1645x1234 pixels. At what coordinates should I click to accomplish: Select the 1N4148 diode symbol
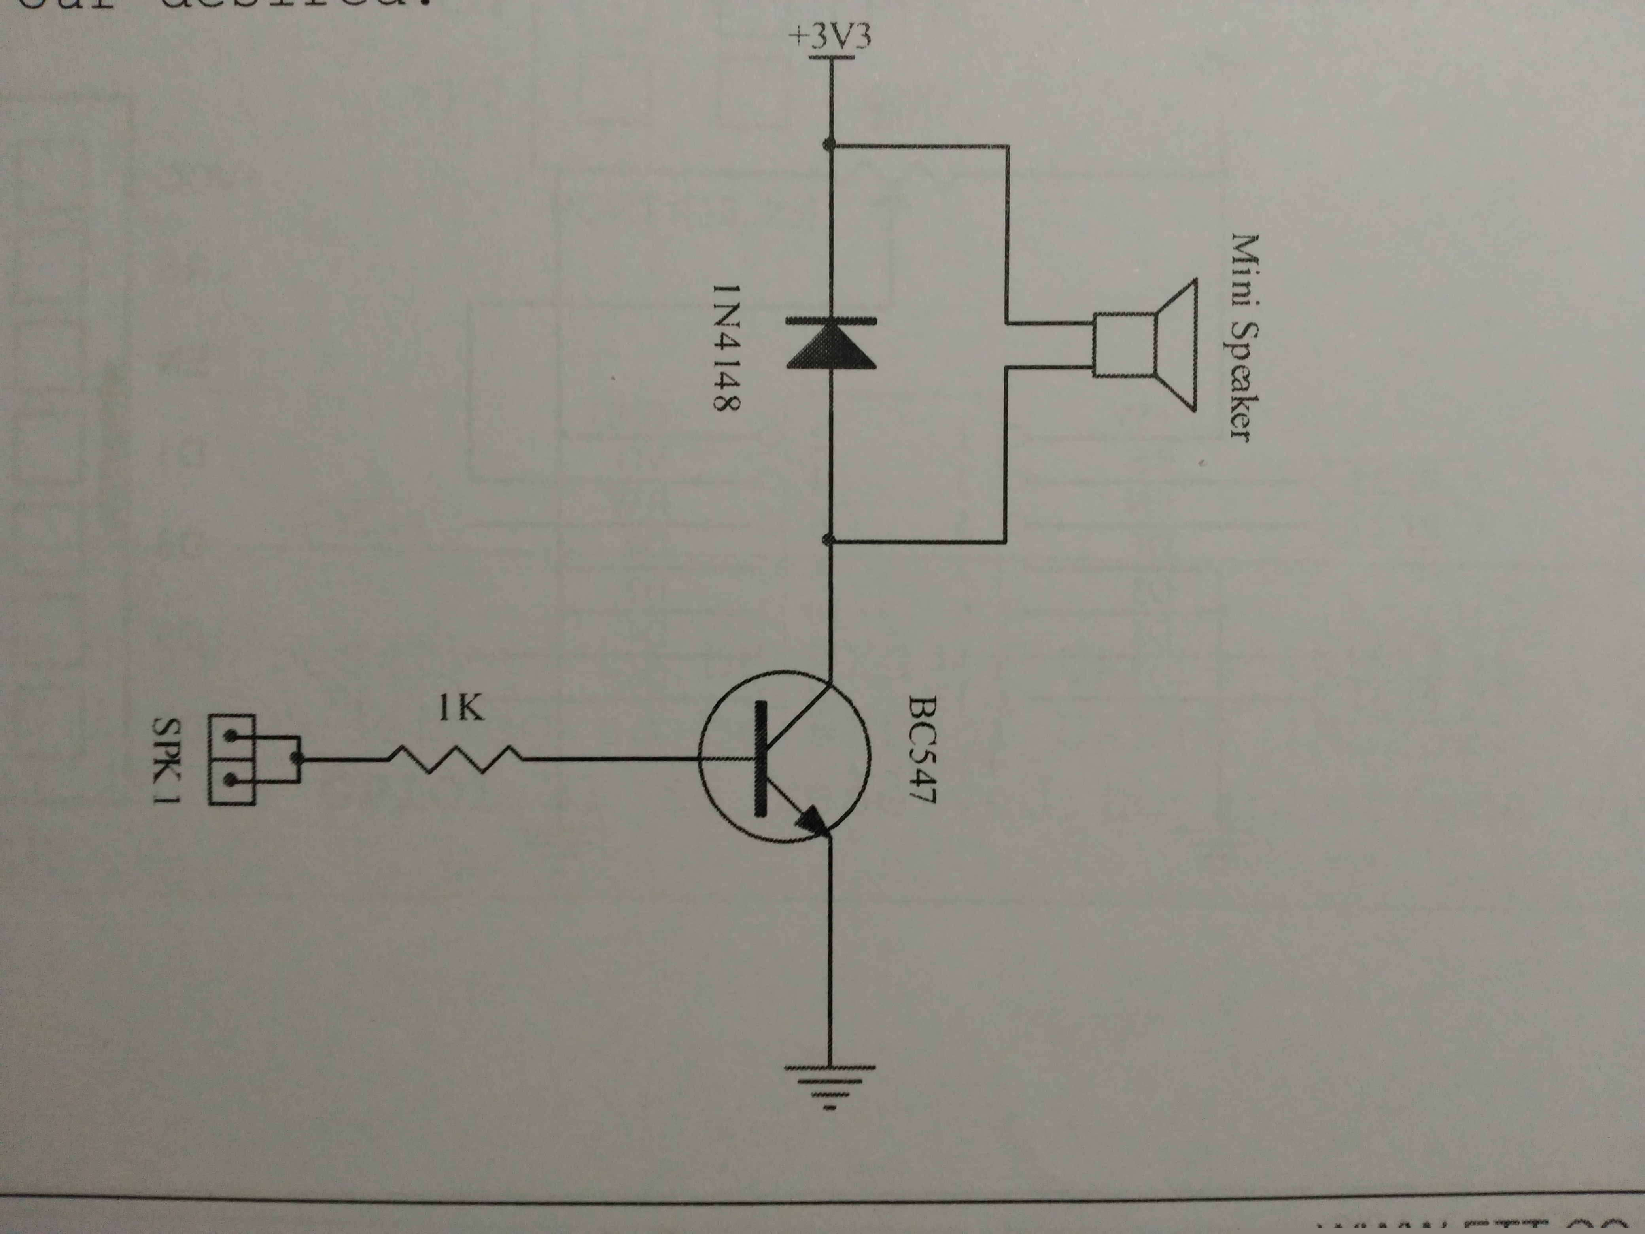tap(831, 344)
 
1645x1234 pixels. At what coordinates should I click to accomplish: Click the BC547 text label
tap(924, 749)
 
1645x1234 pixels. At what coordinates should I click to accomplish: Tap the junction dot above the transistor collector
tap(830, 540)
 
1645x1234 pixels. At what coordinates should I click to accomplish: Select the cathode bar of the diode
tap(831, 320)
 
